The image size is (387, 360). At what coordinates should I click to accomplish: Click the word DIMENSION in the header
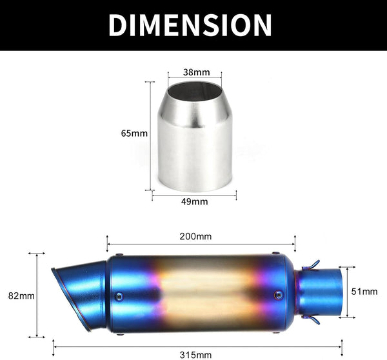click(190, 25)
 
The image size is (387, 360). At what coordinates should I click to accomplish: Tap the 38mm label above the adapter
click(195, 72)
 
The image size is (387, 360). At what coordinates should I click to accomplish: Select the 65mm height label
click(134, 134)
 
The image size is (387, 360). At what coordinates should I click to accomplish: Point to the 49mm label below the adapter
click(195, 201)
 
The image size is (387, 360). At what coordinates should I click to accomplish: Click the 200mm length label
click(195, 236)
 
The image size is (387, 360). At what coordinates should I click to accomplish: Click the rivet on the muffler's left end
click(118, 296)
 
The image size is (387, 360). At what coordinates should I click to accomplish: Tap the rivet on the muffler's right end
click(278, 295)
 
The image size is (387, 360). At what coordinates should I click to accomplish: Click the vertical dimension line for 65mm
click(152, 135)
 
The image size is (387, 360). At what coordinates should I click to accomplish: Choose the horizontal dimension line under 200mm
click(201, 245)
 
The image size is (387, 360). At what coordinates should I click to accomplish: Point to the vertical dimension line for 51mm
click(348, 292)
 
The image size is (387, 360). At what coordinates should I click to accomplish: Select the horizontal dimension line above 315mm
click(199, 343)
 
